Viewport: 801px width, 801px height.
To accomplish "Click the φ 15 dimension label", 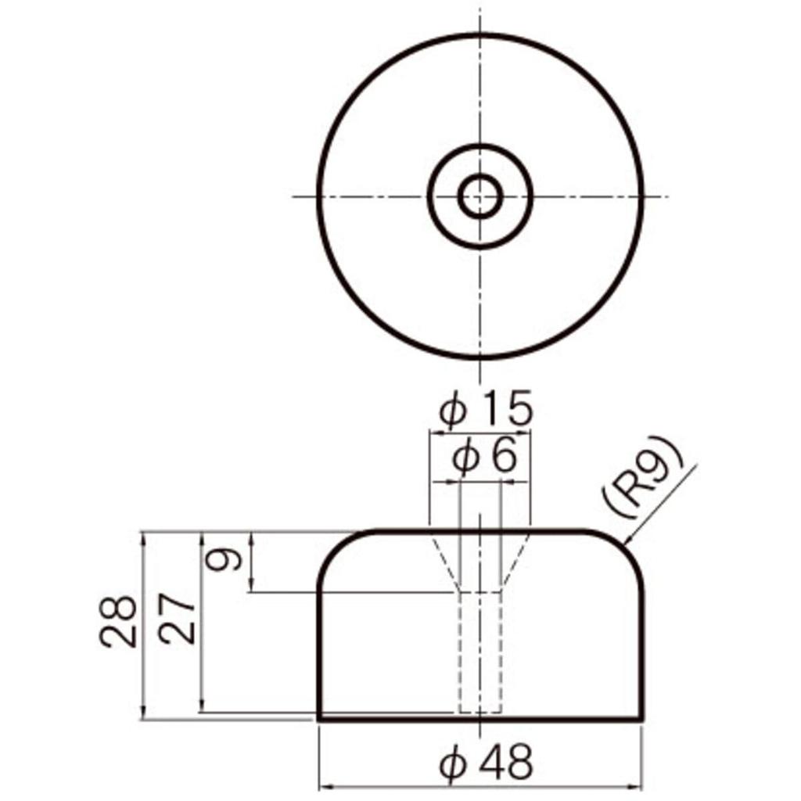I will tap(486, 409).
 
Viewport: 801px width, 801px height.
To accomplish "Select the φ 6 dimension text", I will tap(485, 456).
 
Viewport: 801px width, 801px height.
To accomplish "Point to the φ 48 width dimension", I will tap(486, 762).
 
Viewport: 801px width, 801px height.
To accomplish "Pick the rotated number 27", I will tap(179, 618).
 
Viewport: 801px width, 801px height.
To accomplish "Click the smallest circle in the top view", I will tap(480, 196).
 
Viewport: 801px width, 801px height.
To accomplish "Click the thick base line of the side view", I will tap(480, 717).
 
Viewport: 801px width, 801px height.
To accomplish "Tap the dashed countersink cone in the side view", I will tap(442, 559).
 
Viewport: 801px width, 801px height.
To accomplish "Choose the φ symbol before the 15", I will tap(452, 411).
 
